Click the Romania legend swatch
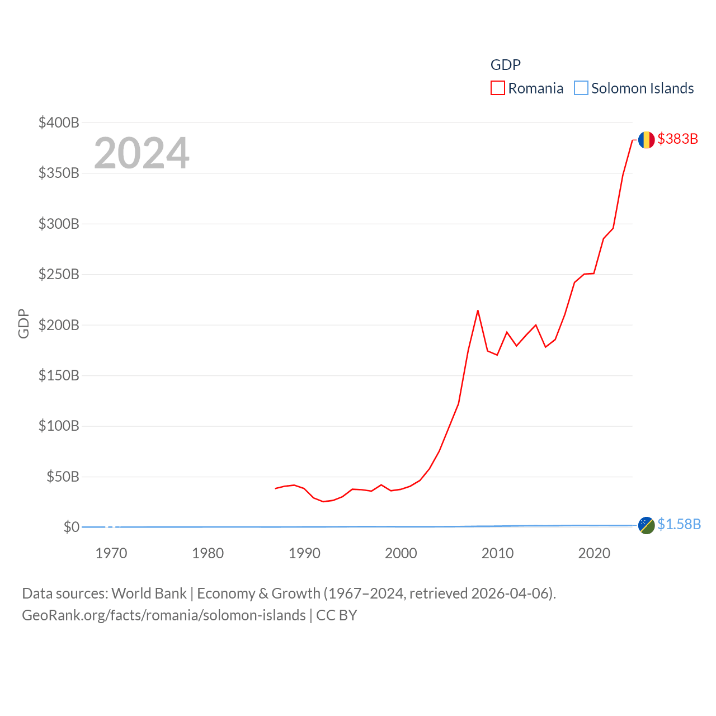(x=498, y=88)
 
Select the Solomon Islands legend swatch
(x=581, y=88)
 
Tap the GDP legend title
(x=505, y=65)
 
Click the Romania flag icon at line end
(x=646, y=140)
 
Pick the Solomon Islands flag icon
(x=646, y=525)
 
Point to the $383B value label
(x=677, y=139)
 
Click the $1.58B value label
(x=679, y=524)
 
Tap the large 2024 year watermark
(x=142, y=153)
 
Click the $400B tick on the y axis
(x=59, y=123)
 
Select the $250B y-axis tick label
(x=59, y=274)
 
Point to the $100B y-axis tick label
(x=59, y=426)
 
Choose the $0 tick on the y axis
(x=71, y=527)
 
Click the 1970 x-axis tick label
(x=111, y=553)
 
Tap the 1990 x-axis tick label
(x=304, y=553)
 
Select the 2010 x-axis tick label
(x=497, y=553)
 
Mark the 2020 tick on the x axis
(x=594, y=553)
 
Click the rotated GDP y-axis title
(x=23, y=323)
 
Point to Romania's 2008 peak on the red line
(x=478, y=310)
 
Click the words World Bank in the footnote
(x=149, y=593)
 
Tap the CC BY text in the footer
(x=336, y=615)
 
